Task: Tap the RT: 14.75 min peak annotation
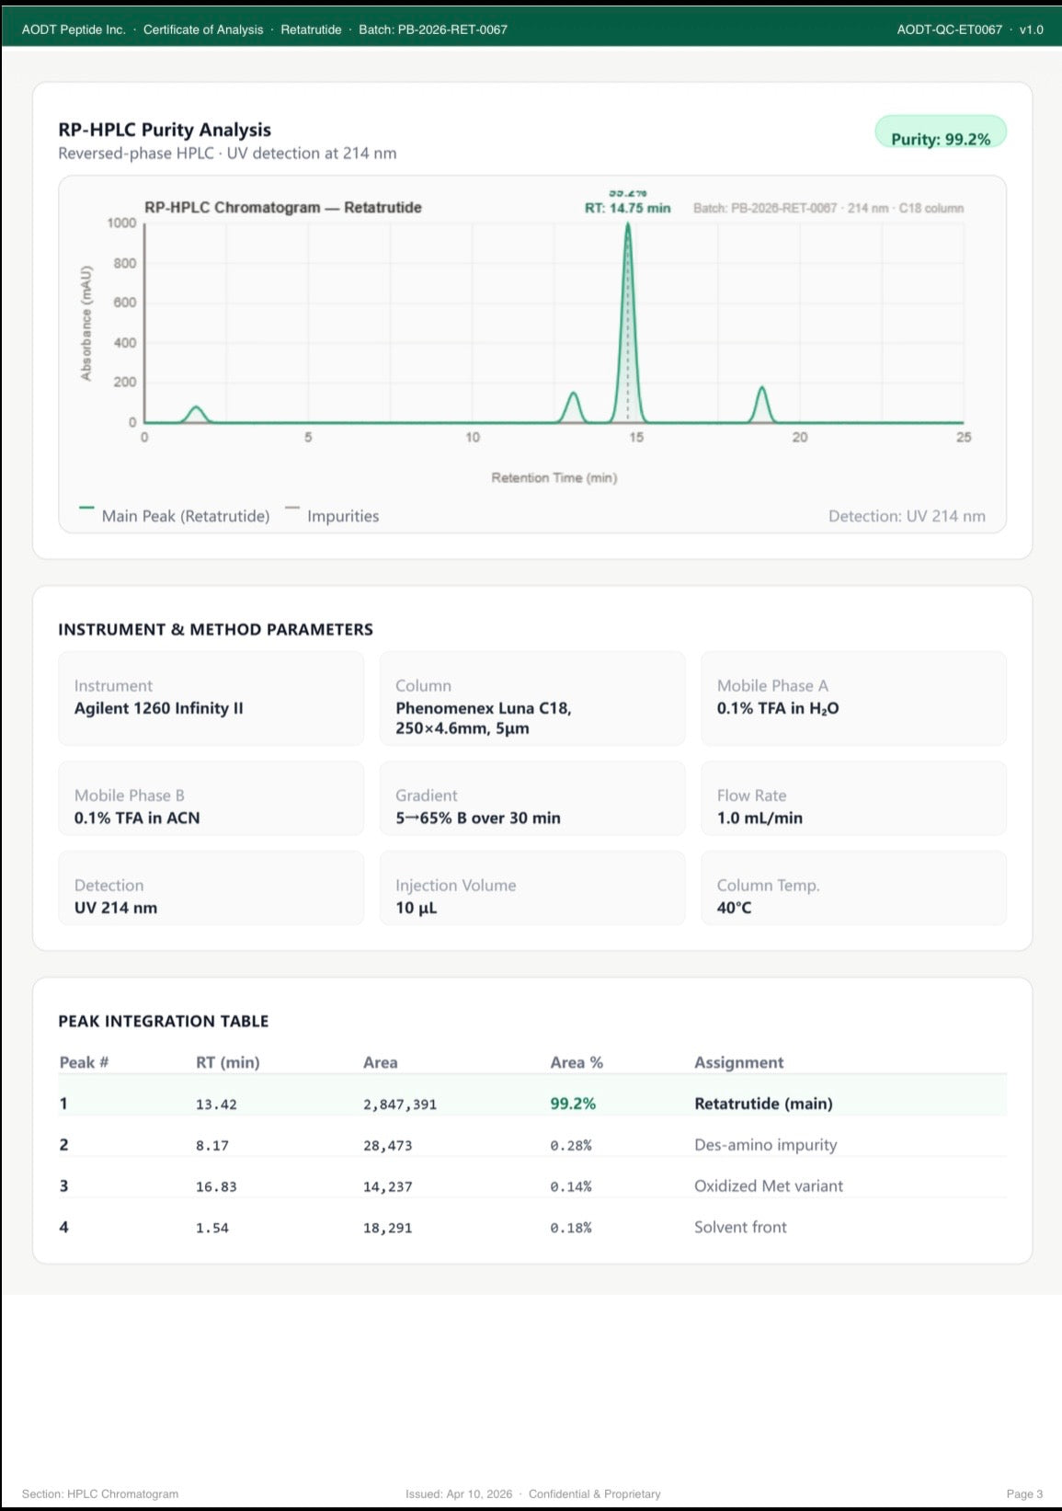(627, 208)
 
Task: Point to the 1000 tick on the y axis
(121, 223)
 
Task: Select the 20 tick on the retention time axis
(800, 437)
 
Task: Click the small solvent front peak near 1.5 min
(196, 414)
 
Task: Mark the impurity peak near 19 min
(762, 404)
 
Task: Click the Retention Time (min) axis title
(554, 477)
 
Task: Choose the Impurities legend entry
(332, 515)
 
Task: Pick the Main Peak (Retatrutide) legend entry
(175, 515)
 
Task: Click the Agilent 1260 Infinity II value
(158, 708)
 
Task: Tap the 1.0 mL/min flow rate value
(759, 818)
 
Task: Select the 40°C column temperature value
(734, 908)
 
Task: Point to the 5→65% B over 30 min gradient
(477, 818)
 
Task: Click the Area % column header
(577, 1062)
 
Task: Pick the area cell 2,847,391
(400, 1105)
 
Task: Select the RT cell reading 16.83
(216, 1186)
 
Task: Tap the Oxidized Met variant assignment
(768, 1185)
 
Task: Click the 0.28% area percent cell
(570, 1145)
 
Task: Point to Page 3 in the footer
(1024, 1494)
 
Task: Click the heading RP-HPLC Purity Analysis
(165, 130)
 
